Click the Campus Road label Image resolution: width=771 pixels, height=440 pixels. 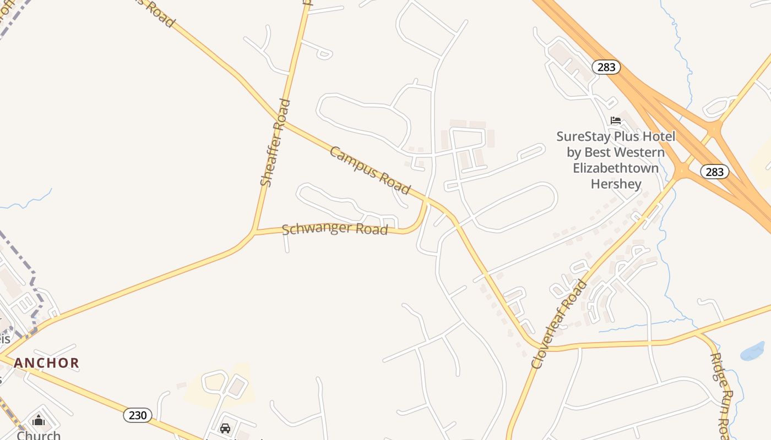point(370,170)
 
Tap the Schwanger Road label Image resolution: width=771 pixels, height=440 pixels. point(335,229)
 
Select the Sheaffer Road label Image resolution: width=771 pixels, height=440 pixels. point(275,142)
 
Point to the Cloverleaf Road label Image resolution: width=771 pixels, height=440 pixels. point(559,324)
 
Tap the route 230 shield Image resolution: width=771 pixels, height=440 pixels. point(137,415)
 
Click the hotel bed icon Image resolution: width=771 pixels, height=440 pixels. point(616,120)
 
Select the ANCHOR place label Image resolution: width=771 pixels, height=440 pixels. point(47,363)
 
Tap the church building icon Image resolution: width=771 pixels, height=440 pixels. point(39,421)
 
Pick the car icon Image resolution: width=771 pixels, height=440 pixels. point(225,428)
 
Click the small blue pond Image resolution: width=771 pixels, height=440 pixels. point(752,351)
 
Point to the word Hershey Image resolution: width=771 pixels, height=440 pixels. point(616,184)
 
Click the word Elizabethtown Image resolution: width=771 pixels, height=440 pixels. point(616,168)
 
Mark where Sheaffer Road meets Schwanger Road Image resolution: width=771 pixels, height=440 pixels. point(254,232)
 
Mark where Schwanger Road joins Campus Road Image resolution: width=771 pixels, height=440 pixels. point(426,201)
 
